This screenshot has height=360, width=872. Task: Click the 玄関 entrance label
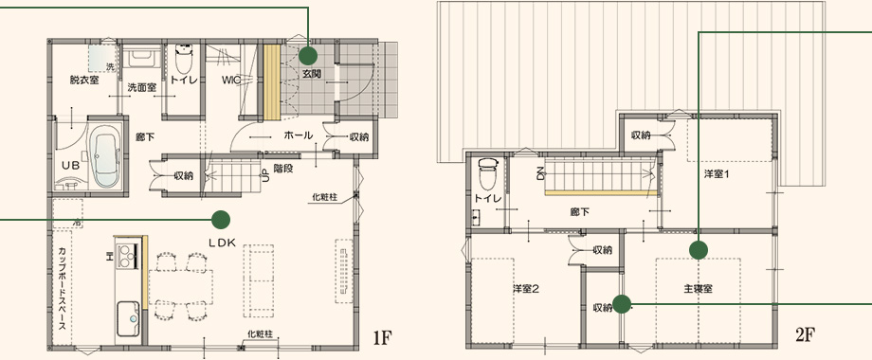click(x=312, y=73)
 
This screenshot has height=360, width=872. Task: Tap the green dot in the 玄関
click(x=307, y=56)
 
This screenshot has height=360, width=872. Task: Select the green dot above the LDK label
click(x=221, y=220)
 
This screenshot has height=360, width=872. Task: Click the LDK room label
click(x=223, y=243)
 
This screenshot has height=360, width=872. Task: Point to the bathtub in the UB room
click(x=104, y=155)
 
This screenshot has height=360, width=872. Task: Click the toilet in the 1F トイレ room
click(x=183, y=59)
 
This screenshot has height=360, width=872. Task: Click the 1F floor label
click(x=383, y=336)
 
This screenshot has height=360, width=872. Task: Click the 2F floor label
click(x=805, y=334)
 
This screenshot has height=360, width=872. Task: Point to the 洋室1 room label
click(x=717, y=174)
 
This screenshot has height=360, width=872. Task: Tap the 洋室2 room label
click(x=526, y=289)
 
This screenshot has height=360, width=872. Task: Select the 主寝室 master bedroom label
click(x=699, y=289)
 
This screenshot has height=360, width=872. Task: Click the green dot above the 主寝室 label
click(x=698, y=250)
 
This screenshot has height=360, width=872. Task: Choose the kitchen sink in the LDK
click(x=129, y=319)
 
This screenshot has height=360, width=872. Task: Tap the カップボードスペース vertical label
click(x=62, y=288)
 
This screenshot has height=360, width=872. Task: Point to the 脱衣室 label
click(x=84, y=81)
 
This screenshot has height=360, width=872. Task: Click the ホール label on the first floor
click(x=299, y=135)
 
